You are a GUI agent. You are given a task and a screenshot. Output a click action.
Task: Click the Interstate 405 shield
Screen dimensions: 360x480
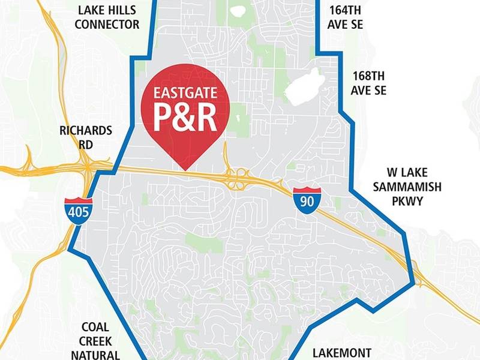click(x=79, y=211)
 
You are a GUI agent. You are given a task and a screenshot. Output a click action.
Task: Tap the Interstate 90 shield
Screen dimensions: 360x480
click(x=307, y=199)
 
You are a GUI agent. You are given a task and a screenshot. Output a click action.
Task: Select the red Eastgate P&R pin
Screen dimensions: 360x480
click(x=185, y=114)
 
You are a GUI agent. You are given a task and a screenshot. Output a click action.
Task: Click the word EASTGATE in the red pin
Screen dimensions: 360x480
click(x=185, y=94)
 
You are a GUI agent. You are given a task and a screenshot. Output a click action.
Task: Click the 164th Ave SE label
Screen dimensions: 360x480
click(x=346, y=17)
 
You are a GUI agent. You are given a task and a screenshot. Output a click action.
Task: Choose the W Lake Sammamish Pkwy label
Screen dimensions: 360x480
click(x=407, y=194)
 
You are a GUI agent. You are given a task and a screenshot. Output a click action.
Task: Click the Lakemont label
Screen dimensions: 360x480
click(x=342, y=353)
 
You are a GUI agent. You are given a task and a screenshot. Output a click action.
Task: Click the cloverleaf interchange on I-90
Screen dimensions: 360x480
click(x=239, y=178)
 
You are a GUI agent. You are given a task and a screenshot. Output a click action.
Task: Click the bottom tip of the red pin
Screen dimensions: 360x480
click(x=185, y=169)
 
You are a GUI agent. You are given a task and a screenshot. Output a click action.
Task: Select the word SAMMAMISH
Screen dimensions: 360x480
click(x=407, y=187)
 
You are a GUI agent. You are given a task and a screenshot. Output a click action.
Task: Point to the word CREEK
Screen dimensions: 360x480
click(x=95, y=341)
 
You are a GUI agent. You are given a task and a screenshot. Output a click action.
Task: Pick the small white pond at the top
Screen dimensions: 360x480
click(x=238, y=10)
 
